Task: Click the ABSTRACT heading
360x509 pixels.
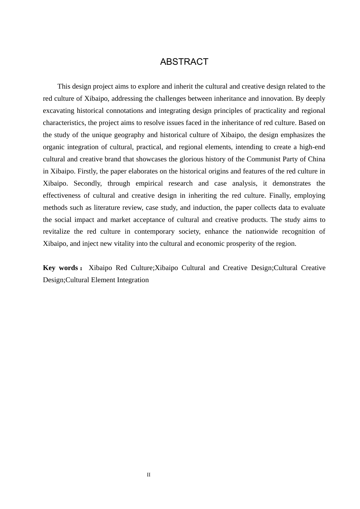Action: coord(184,62)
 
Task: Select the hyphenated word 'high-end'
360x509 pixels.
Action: coord(312,147)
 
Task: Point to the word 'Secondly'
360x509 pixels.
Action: coord(87,183)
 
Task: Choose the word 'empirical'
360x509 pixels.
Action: coord(149,183)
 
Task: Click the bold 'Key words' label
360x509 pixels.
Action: coord(61,268)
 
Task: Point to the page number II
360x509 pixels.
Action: coord(149,475)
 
